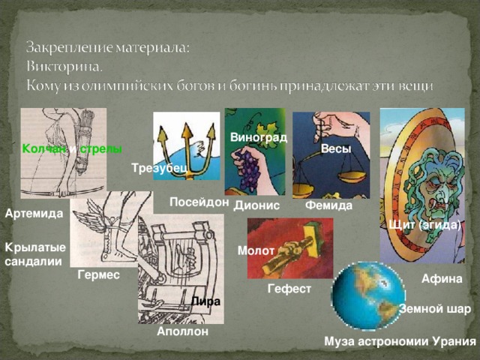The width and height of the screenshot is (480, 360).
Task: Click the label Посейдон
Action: (x=199, y=202)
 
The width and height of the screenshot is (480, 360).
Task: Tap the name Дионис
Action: (x=256, y=205)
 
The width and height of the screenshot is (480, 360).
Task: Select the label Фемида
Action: (x=329, y=205)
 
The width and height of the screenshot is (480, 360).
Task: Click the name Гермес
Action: (x=98, y=275)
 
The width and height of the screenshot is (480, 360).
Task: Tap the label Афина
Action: (x=442, y=279)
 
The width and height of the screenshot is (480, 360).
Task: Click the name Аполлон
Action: (x=183, y=331)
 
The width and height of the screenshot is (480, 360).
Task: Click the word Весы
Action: (x=335, y=149)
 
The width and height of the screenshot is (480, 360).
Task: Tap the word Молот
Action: (x=256, y=250)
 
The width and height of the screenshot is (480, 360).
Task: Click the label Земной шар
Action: (x=436, y=309)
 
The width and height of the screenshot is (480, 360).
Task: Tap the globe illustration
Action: (x=367, y=295)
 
